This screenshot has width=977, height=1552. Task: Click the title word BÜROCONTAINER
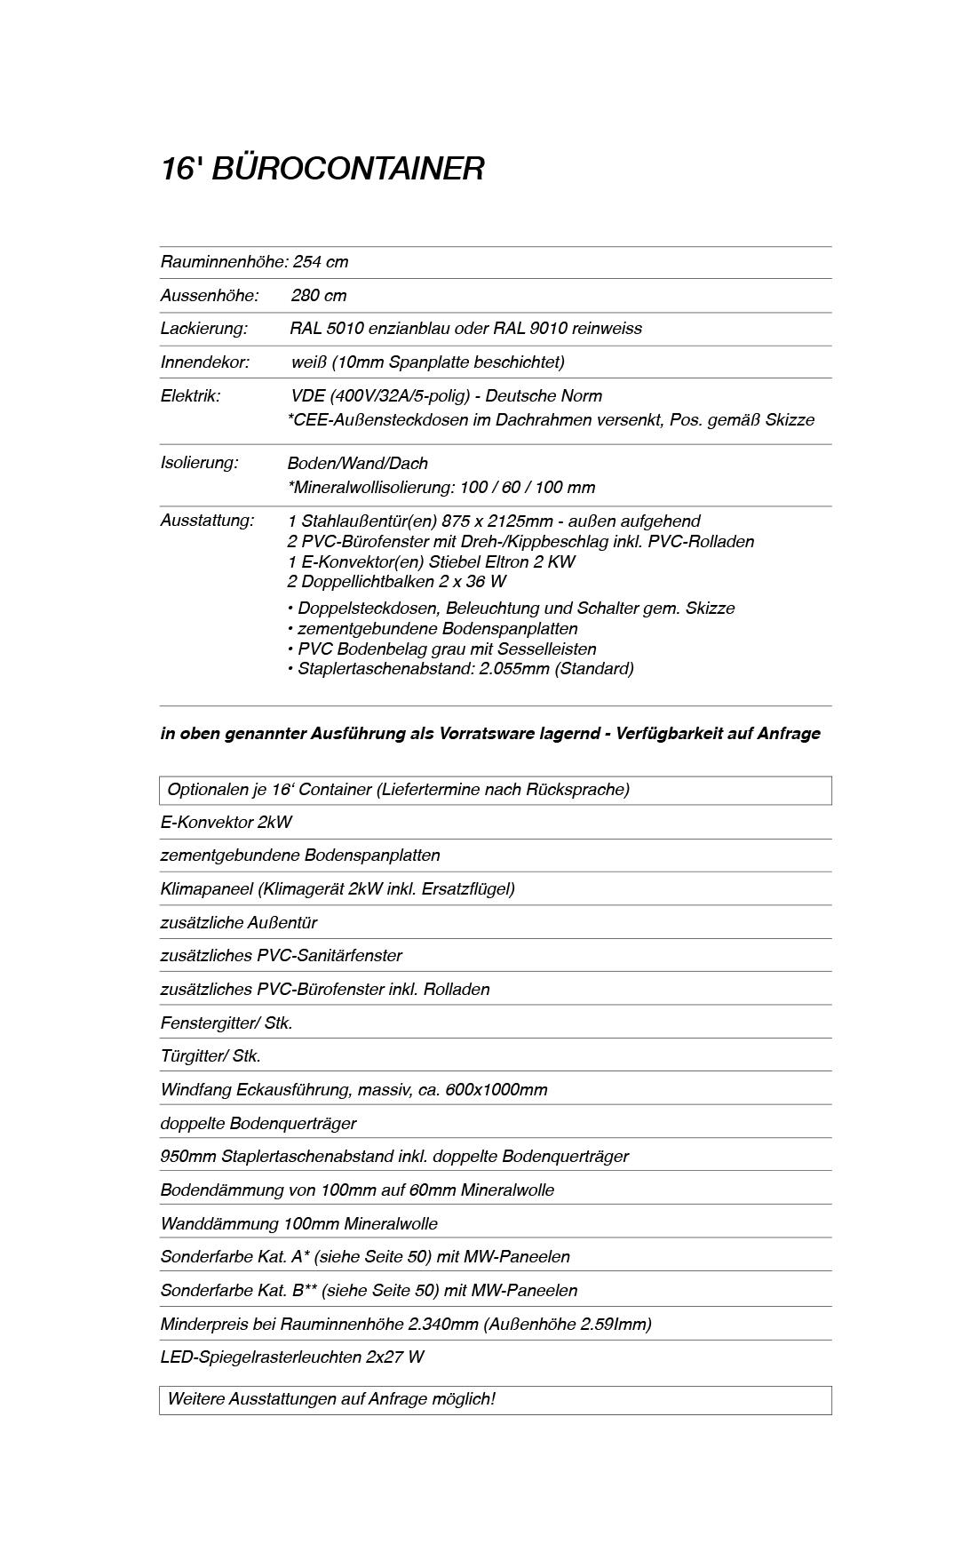pos(348,169)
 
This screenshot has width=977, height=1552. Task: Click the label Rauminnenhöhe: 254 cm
pos(254,262)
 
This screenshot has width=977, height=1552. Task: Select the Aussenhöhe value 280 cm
pos(319,296)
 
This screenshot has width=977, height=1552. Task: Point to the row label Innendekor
pos(204,362)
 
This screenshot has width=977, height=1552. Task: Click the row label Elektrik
pos(190,396)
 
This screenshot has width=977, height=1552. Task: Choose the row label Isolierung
pos(199,463)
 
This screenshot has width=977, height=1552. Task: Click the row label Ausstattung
pos(207,521)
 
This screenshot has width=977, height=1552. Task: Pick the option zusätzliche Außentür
pos(238,922)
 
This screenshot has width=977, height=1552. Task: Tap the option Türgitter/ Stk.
pos(210,1056)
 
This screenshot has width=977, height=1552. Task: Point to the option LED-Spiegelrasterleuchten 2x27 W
pos(292,1357)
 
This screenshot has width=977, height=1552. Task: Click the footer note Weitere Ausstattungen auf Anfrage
pos(331,1399)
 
